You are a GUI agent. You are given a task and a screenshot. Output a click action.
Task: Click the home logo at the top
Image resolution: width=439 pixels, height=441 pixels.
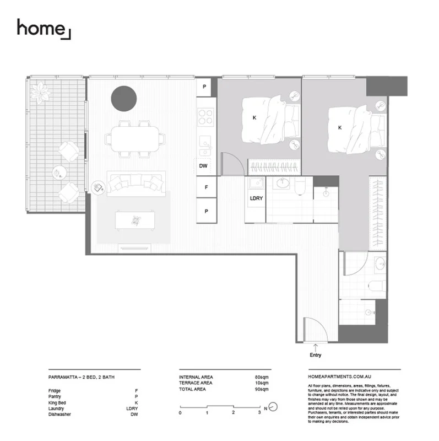click(x=43, y=29)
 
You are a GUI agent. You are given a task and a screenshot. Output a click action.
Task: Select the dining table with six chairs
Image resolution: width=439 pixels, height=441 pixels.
click(x=138, y=137)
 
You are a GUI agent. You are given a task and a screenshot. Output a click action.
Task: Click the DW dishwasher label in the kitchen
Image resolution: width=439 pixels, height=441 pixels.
click(x=203, y=165)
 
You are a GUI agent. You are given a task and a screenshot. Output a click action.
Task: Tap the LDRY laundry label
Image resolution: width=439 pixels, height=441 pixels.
click(x=255, y=198)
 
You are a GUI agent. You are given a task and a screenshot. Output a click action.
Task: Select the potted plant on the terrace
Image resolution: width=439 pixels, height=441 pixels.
click(x=41, y=91)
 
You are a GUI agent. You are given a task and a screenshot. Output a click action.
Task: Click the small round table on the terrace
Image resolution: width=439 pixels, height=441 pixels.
click(x=57, y=173)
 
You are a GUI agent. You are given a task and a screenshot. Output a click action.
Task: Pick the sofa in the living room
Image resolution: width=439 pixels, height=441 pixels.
click(x=136, y=184)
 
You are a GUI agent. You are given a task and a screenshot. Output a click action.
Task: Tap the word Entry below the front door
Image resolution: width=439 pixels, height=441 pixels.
click(x=315, y=356)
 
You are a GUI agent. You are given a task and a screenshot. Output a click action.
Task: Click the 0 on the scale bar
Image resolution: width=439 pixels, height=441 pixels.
click(x=180, y=412)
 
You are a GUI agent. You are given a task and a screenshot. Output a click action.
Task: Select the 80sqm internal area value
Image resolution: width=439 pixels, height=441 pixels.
click(x=261, y=377)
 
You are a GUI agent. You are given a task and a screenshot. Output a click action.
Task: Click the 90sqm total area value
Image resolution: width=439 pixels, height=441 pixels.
click(x=261, y=389)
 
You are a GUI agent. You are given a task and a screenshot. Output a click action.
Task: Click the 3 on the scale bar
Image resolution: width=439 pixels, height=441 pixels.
click(x=259, y=412)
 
